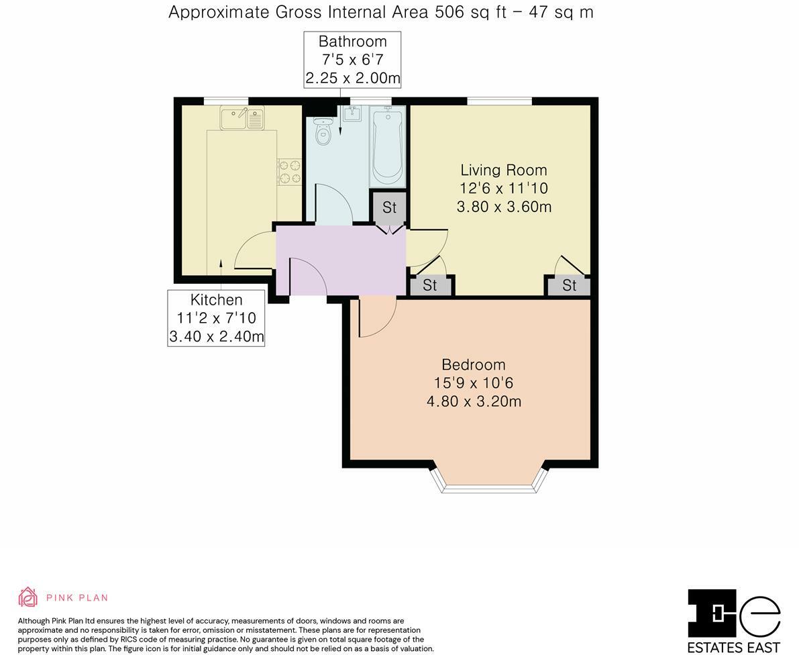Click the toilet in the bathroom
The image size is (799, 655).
pos(323,132)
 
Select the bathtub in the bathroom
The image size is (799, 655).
pos(387,146)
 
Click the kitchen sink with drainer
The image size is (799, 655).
pos(242,119)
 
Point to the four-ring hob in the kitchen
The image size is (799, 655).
pos(290,171)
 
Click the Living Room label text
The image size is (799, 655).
pos(503,170)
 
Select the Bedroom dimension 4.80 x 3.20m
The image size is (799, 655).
pos(474,402)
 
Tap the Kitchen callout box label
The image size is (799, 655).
pos(216,318)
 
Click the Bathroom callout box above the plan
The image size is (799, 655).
pos(352,60)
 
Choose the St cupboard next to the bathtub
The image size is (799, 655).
pos(390,208)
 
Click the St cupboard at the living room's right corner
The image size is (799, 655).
pos(569,286)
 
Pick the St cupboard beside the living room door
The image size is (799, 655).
pos(430,286)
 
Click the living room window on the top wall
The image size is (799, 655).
pos(499,101)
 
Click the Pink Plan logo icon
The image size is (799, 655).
pos(28,597)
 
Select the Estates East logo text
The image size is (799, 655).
pos(734,648)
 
